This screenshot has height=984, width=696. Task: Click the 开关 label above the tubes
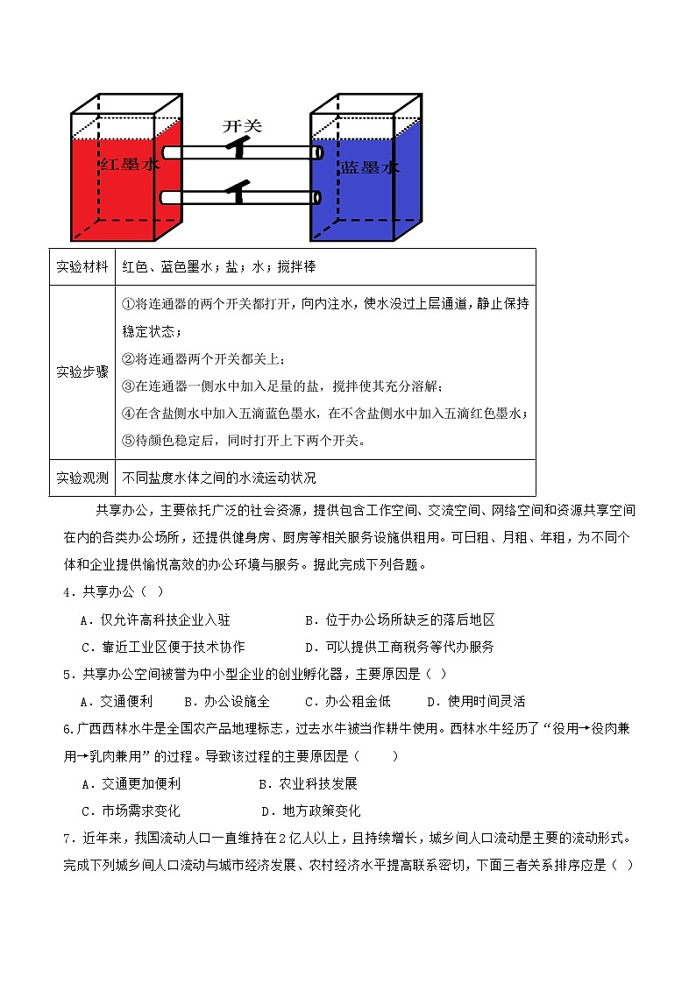coord(242,126)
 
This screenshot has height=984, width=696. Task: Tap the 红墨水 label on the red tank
coord(129,164)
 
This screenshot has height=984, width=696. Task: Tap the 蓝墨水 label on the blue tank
coord(370,166)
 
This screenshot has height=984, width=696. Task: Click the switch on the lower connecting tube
coord(238,190)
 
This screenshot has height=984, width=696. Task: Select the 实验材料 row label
coord(82,266)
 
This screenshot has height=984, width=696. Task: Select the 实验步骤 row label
coord(82,372)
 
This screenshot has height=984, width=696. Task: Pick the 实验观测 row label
coord(82,478)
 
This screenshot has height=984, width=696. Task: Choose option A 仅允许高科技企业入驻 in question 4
coord(155,620)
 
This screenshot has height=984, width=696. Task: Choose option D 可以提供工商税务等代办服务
coord(399,648)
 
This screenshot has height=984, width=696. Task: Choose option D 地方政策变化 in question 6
coord(311,811)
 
